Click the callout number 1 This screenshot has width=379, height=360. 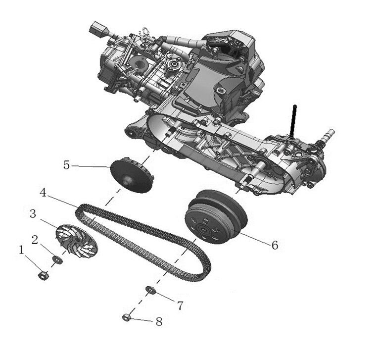[x=21, y=251]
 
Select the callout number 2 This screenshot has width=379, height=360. [x=35, y=240]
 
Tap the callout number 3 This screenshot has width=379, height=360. [x=33, y=214]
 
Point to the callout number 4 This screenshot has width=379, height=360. [x=44, y=193]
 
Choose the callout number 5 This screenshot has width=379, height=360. [x=66, y=164]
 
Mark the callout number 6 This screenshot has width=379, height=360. [x=275, y=245]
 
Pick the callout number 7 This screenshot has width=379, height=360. [x=180, y=306]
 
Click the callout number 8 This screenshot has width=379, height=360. [x=158, y=321]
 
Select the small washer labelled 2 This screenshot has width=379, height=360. [x=58, y=259]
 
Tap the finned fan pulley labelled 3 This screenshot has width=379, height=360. [x=76, y=239]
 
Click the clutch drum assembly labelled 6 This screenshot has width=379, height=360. [x=215, y=217]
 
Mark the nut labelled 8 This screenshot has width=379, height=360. [x=127, y=317]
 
